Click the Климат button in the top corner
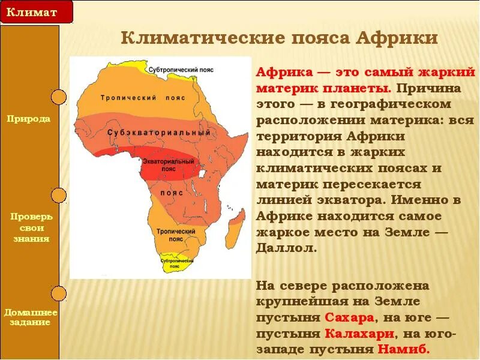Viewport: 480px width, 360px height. pyautogui.click(x=36, y=11)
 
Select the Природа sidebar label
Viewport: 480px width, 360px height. pyautogui.click(x=29, y=119)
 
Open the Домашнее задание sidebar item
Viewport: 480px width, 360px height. pyautogui.click(x=31, y=317)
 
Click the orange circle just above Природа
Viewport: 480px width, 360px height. pyautogui.click(x=58, y=97)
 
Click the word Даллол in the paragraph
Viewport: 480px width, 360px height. pyautogui.click(x=286, y=248)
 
